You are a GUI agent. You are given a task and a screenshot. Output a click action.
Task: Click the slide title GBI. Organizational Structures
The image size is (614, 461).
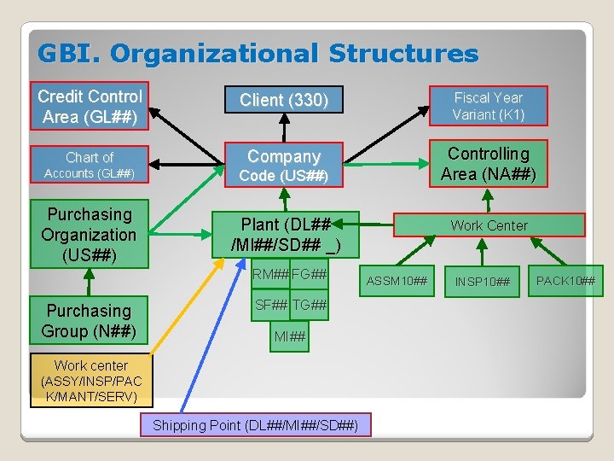point(258,55)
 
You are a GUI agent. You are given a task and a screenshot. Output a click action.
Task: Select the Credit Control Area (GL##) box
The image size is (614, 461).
point(90,107)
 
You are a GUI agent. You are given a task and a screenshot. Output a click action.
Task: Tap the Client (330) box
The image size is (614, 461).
point(284,100)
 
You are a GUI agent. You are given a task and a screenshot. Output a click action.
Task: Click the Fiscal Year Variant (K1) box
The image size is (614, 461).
point(488,106)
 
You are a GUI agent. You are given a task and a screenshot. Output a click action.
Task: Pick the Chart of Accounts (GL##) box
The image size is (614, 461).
point(90,165)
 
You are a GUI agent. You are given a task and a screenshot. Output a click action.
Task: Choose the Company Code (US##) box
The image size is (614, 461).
point(284,166)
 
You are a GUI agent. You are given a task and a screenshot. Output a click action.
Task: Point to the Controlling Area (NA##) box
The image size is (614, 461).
point(488,164)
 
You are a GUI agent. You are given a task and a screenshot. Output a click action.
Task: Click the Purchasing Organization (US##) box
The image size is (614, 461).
point(89,234)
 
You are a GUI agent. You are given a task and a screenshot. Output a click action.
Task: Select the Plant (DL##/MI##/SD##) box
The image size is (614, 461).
point(286,235)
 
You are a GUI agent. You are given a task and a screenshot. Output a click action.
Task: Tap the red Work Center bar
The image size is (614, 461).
point(489,225)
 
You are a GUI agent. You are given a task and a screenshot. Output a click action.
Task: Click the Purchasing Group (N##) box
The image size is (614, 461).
point(89,321)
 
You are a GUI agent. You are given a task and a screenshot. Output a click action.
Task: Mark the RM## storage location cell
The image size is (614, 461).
point(270,274)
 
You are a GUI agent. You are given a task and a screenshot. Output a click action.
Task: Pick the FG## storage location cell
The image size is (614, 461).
point(309,274)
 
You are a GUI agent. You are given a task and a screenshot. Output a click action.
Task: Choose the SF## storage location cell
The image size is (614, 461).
point(270,306)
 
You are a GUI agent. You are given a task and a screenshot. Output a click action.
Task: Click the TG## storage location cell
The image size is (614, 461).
point(309,306)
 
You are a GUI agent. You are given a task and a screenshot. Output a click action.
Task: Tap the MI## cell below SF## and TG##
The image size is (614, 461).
point(290,336)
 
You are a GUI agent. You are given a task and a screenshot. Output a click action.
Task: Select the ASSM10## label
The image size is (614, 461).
point(396,281)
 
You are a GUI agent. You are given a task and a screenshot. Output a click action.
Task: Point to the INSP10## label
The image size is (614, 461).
point(483,282)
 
